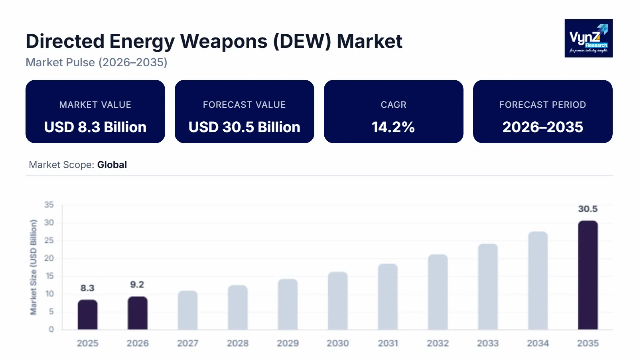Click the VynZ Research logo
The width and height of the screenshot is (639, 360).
[x=588, y=38]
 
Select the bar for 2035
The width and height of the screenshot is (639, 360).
[x=588, y=275]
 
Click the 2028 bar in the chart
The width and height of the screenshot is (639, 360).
[x=238, y=307]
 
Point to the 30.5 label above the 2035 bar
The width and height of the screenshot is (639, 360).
[x=588, y=209]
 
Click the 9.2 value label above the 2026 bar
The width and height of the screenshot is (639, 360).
[x=137, y=285]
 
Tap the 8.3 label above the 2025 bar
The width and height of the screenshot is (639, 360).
[x=87, y=288]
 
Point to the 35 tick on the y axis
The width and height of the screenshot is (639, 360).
[x=49, y=205]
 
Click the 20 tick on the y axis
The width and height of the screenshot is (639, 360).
[x=49, y=258]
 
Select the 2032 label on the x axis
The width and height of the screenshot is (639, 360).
[x=438, y=343]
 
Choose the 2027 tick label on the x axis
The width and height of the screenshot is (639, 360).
[x=187, y=343]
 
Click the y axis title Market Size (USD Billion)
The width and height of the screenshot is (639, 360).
[x=34, y=267]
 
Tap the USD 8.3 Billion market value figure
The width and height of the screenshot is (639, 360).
[x=95, y=127]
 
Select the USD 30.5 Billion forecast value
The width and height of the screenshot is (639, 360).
[x=244, y=127]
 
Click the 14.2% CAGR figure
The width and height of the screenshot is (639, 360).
[x=393, y=127]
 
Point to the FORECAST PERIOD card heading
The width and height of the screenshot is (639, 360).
[x=542, y=105]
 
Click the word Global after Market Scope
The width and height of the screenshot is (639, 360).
[x=112, y=165]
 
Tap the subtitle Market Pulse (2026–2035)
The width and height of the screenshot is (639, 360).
[x=97, y=62]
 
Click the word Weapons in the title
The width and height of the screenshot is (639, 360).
[x=223, y=42]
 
